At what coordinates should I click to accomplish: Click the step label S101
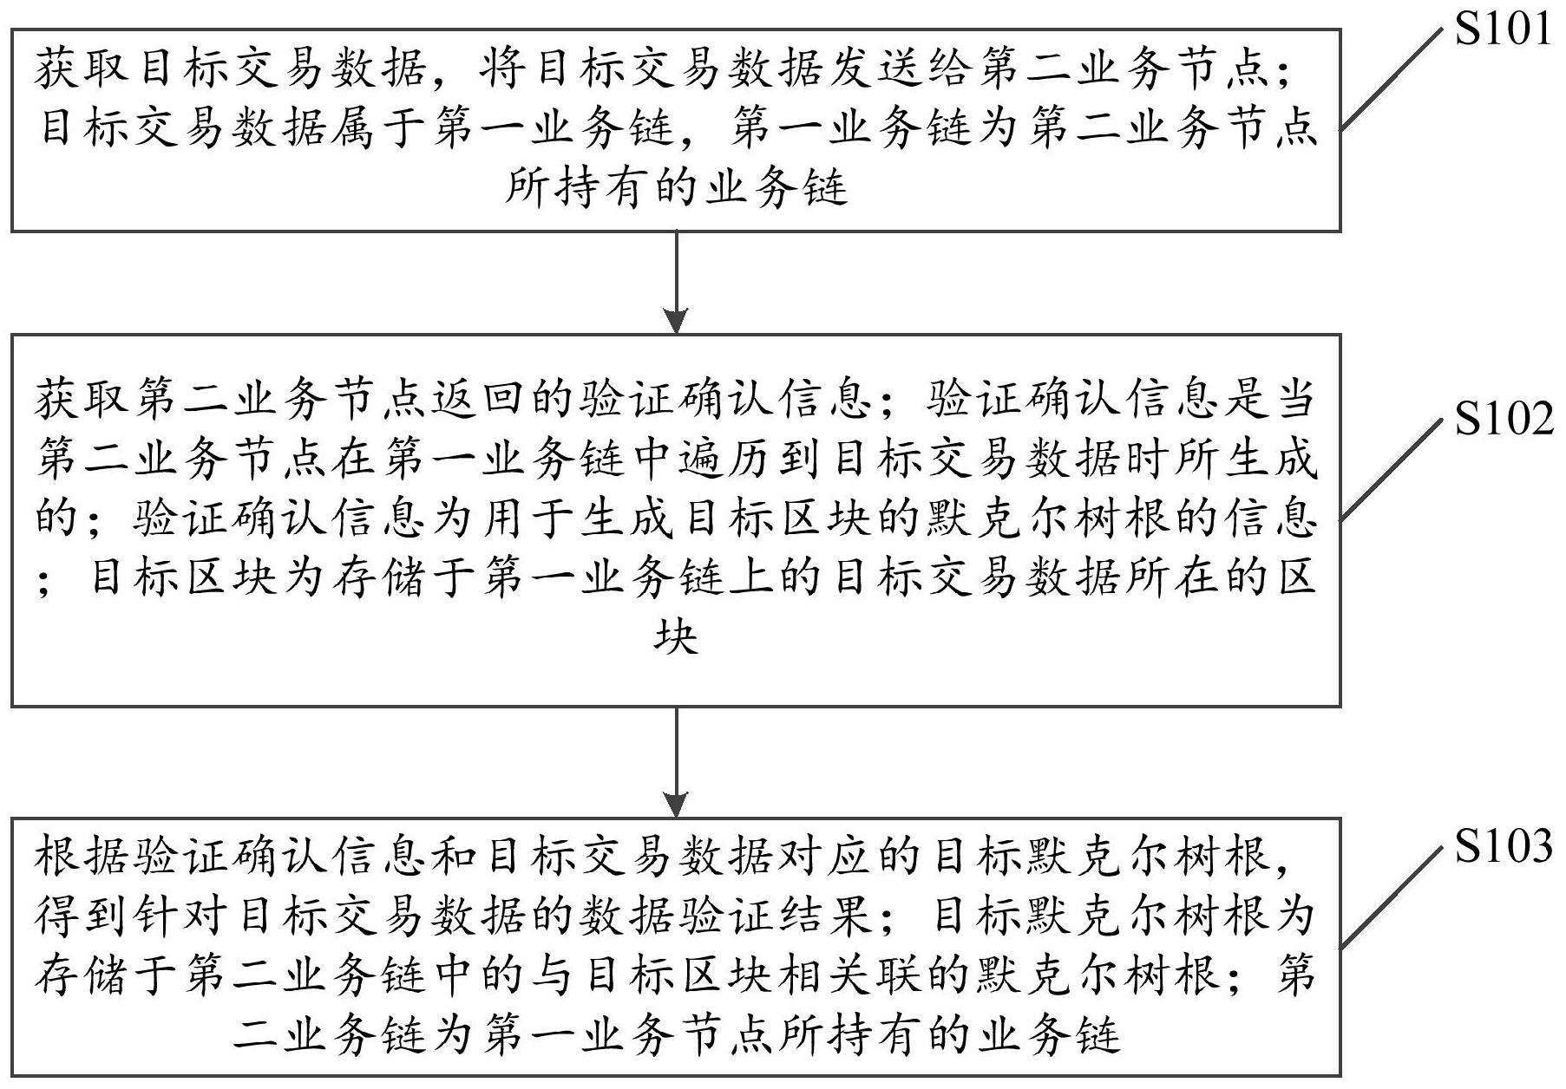click(1504, 29)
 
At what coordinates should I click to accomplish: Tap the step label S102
click(1504, 420)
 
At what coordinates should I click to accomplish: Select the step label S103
click(1504, 846)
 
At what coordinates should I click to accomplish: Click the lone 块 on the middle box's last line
click(676, 637)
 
